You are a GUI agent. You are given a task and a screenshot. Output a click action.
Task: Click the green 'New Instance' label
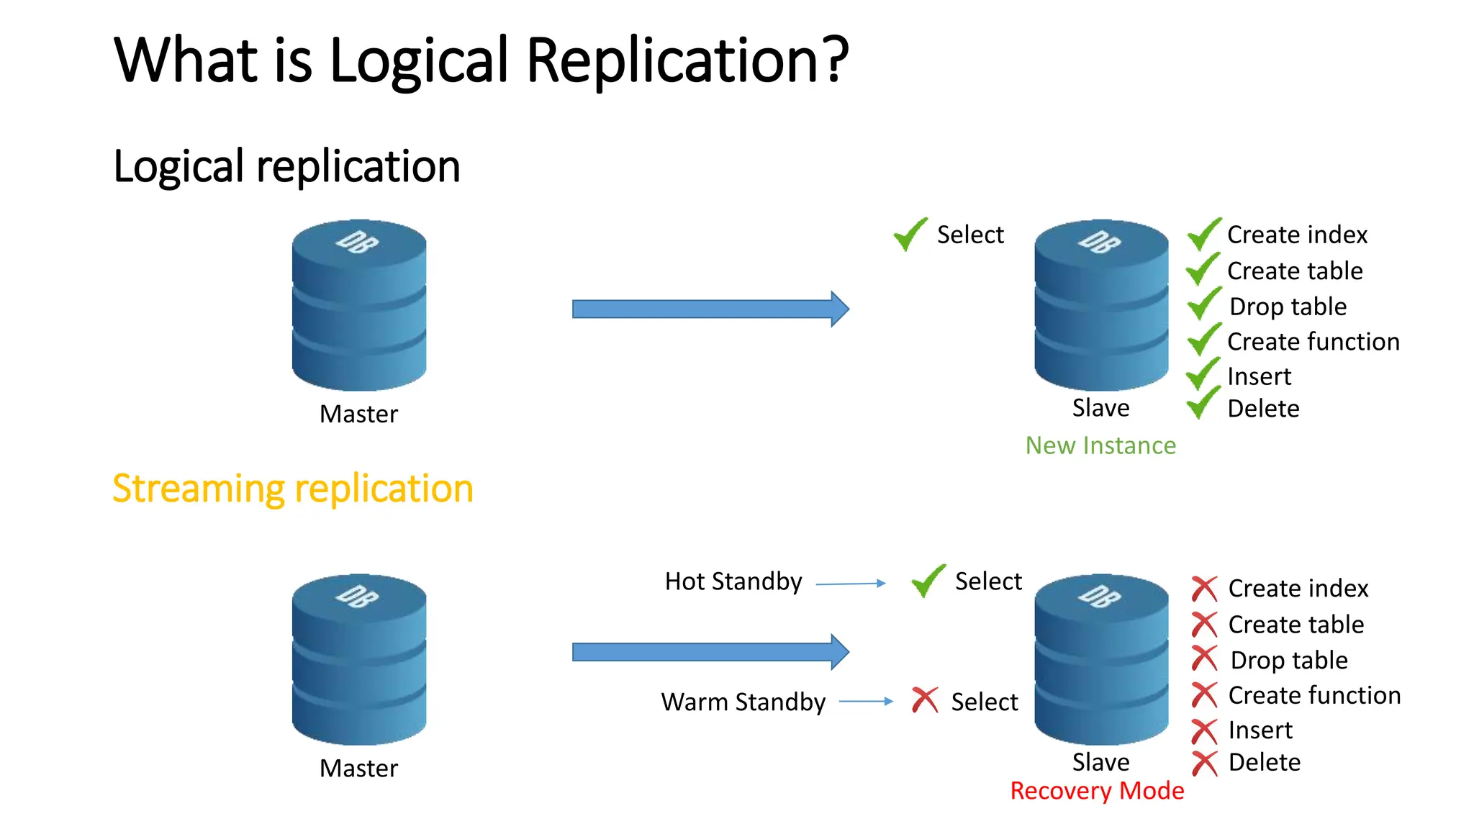point(1100,445)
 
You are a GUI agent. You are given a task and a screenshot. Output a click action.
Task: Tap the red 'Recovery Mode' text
point(1097,791)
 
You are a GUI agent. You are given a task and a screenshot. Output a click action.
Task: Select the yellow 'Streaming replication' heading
point(293,489)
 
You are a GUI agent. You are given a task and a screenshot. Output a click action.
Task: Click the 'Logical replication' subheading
point(286,166)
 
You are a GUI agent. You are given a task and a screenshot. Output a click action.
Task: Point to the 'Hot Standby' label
point(733,581)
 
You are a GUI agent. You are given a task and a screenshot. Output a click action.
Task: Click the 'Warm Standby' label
point(743,702)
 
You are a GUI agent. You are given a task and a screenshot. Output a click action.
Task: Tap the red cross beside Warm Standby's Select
point(925,700)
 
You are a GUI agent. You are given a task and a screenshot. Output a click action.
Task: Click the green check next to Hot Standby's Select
point(928,581)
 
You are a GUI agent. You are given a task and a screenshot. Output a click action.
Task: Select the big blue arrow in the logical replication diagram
point(710,309)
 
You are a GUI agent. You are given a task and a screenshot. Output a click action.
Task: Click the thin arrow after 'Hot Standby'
point(851,584)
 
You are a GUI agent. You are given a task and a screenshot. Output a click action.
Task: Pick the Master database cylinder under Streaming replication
point(359,659)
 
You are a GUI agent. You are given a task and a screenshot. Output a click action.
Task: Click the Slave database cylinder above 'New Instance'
point(1101,305)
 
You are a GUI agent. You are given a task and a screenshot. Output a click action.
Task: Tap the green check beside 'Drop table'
point(1203,304)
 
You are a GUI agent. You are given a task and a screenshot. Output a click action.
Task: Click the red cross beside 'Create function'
point(1204,695)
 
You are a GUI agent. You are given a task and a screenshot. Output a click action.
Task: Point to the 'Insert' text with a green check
point(1259,376)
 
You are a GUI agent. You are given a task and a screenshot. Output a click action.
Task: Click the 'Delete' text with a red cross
point(1264,762)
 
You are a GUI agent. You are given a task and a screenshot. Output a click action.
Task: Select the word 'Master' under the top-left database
point(358,414)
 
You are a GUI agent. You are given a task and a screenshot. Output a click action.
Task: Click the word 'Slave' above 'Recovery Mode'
point(1100,762)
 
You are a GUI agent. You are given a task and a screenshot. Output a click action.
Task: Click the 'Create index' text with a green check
point(1297,235)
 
